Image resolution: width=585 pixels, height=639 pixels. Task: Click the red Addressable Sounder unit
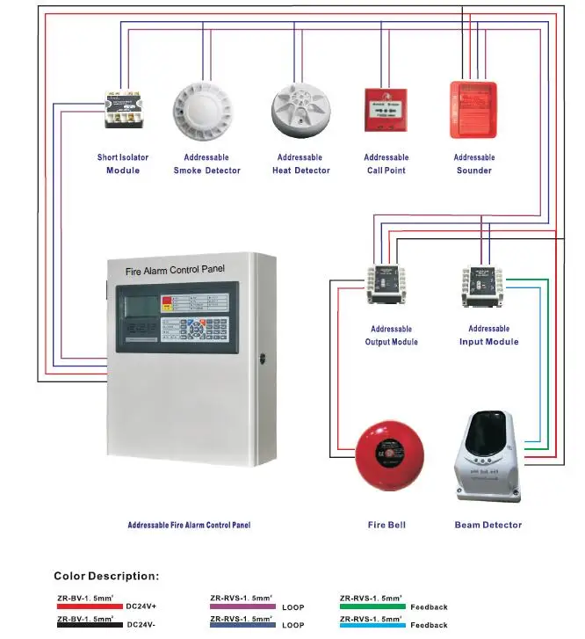473,110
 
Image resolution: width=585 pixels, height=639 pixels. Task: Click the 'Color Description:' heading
107,577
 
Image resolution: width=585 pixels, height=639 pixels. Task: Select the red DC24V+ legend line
89,606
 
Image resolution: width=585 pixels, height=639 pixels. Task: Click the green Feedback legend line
372,606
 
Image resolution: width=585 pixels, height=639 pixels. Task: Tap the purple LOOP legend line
242,606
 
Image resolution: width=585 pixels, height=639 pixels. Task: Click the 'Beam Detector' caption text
487,525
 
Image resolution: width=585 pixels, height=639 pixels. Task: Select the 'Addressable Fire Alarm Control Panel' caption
189,525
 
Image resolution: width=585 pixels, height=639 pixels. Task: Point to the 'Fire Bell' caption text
386,525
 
